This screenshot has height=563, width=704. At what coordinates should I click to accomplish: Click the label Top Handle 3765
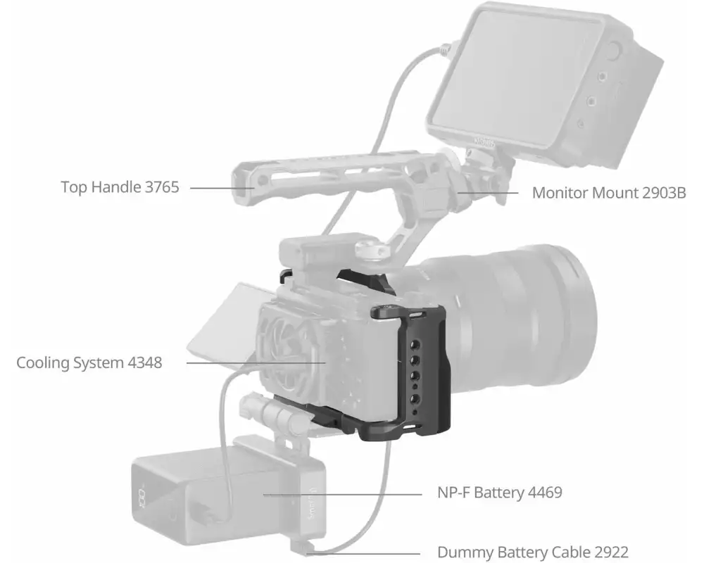click(120, 188)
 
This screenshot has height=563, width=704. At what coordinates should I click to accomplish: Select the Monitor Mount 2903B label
click(608, 192)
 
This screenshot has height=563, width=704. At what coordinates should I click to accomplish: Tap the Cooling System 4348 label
click(89, 363)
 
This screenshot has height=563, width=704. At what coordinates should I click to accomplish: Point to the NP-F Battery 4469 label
click(499, 493)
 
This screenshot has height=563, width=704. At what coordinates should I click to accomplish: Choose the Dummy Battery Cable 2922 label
click(532, 552)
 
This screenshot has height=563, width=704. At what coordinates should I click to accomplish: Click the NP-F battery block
click(225, 493)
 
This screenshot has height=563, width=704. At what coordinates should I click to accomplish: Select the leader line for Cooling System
click(246, 363)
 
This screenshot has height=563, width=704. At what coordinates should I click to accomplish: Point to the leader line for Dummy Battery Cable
click(366, 552)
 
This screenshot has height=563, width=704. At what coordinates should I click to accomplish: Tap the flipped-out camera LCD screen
click(218, 317)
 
